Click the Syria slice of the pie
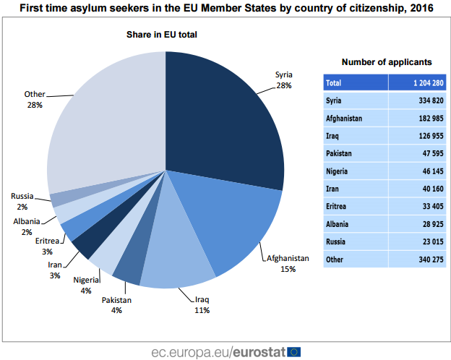point(224,116)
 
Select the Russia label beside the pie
point(21,196)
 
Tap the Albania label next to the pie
point(26,221)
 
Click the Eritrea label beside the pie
point(48,241)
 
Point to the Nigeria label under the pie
point(86,280)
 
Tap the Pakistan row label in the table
point(340,153)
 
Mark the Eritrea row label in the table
point(338,206)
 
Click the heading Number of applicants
point(386,62)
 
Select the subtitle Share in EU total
point(162,34)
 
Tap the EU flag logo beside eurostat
point(293,351)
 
